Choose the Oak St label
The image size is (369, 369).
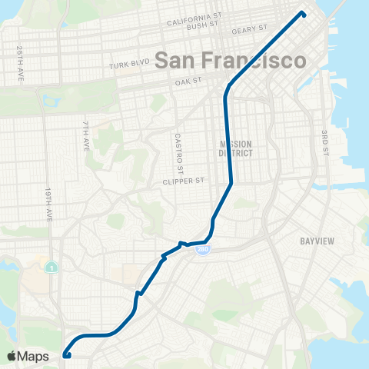188,79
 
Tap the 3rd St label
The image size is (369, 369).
325,142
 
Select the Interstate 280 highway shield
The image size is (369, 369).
201,251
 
